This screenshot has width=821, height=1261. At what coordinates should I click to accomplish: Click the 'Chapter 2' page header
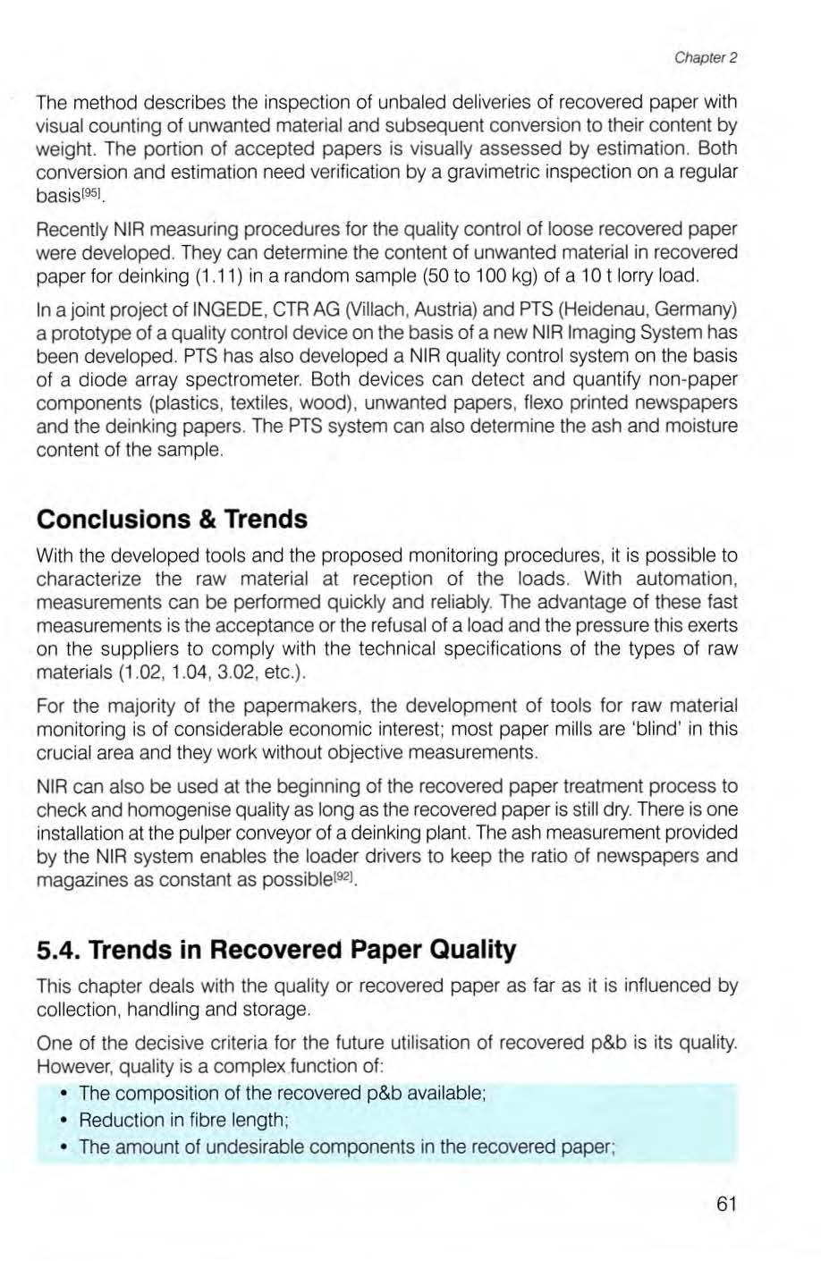(705, 59)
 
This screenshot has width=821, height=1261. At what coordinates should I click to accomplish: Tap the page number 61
(726, 1204)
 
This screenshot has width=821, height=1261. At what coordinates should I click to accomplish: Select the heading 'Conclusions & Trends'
(171, 520)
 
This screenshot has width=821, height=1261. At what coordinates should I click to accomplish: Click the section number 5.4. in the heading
(60, 949)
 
